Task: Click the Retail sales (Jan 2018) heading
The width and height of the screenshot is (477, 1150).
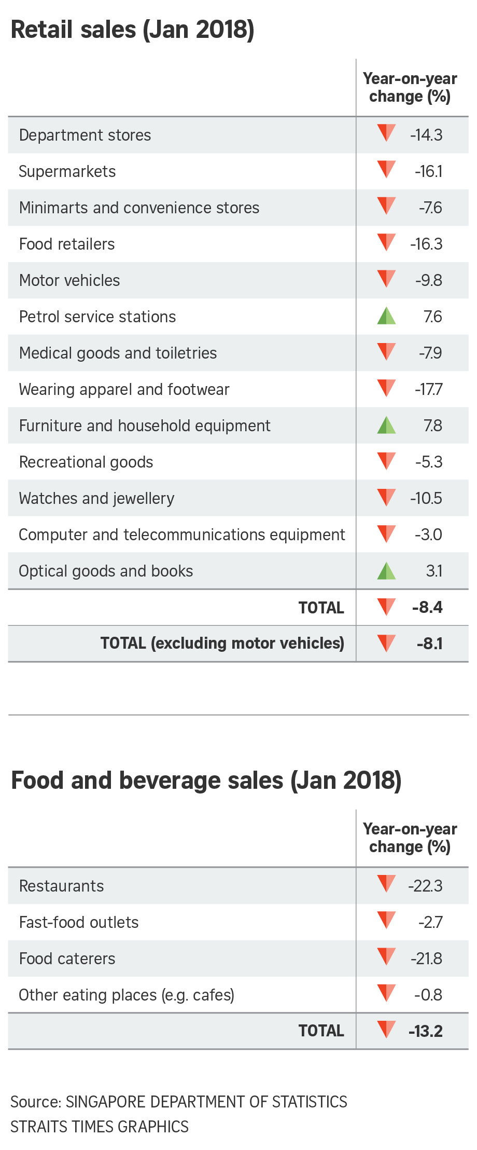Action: point(132,30)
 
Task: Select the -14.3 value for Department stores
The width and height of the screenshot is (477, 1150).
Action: point(426,135)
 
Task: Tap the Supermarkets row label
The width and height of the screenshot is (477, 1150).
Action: point(67,172)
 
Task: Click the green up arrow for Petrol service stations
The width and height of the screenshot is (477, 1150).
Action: point(386,316)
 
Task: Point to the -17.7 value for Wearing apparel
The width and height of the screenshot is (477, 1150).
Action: point(428,389)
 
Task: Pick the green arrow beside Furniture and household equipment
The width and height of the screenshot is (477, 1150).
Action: point(386,425)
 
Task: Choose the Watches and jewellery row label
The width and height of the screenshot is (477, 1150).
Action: point(96,499)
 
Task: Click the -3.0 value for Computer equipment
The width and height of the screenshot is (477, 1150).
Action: point(428,535)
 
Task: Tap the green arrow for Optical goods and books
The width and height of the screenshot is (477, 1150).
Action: point(386,570)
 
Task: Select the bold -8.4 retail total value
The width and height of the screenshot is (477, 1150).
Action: point(427,607)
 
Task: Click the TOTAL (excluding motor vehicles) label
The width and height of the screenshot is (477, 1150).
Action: point(222,644)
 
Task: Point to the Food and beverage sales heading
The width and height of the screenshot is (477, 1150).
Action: point(206,781)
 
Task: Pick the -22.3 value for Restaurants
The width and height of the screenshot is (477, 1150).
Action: point(425,886)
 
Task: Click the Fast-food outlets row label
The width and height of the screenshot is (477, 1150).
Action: point(79,922)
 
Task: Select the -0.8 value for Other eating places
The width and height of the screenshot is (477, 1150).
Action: point(428,995)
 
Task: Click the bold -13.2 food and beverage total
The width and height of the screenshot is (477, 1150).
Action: point(426,1031)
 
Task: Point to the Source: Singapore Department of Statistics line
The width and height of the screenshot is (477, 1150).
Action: point(179,1102)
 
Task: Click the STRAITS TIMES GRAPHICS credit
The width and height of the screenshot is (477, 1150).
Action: point(100,1127)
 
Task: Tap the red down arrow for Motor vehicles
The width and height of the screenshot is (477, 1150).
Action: point(386,279)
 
